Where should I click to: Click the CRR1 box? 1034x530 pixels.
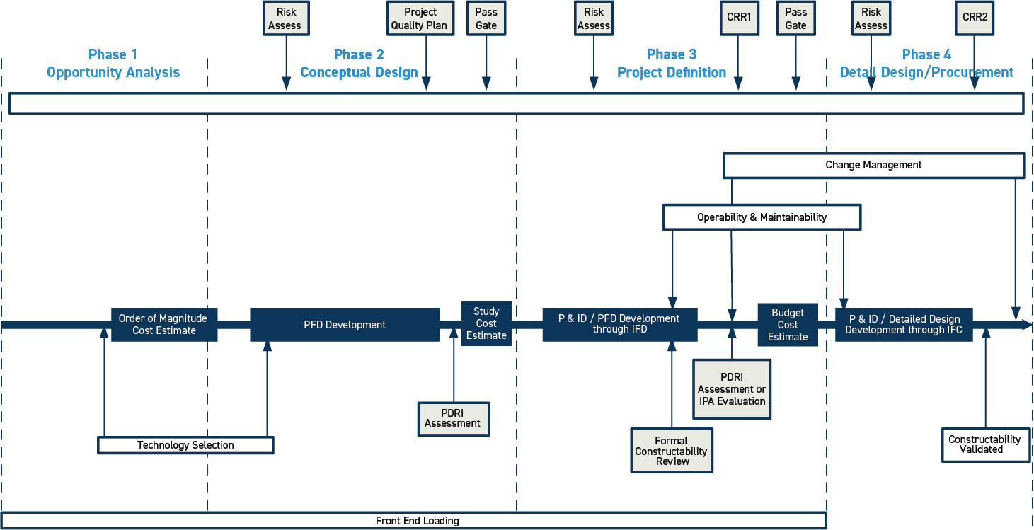[x=738, y=18]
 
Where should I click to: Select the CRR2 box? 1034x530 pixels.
[x=975, y=18]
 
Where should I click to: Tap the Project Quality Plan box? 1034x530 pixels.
[x=420, y=18]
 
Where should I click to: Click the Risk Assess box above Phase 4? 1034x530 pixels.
[x=871, y=18]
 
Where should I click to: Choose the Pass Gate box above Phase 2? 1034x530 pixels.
[x=486, y=18]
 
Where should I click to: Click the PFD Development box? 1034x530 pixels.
[x=345, y=325]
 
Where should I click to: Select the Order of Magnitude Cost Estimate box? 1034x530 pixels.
[x=163, y=325]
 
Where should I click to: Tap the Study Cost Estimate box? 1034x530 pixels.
[x=486, y=323]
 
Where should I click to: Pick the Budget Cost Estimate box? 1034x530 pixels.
[x=788, y=325]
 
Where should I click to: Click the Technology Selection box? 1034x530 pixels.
[x=185, y=445]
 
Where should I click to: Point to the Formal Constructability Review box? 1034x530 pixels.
[x=672, y=451]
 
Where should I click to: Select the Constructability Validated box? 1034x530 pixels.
[x=985, y=444]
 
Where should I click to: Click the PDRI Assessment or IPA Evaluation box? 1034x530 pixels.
[x=732, y=389]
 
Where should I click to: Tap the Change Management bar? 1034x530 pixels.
[x=873, y=165]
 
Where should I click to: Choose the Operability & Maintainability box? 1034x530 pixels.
[x=762, y=217]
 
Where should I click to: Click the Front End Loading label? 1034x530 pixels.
[x=417, y=521]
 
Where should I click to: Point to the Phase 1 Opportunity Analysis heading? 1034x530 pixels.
[x=113, y=64]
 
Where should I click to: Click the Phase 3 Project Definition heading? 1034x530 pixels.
[x=672, y=64]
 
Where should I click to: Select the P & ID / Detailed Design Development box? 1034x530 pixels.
[x=903, y=325]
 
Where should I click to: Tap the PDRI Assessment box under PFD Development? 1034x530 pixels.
[x=453, y=418]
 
